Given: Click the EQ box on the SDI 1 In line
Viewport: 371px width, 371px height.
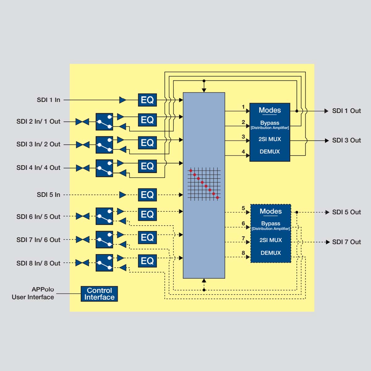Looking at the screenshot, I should pos(147,100).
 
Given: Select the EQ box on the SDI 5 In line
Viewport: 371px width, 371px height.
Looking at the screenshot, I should pos(147,195).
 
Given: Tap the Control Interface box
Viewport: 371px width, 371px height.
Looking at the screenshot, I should pos(99,294).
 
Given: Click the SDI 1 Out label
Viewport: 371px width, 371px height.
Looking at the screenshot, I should pos(346,111).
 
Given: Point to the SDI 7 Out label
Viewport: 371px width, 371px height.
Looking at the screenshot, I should pos(346,242).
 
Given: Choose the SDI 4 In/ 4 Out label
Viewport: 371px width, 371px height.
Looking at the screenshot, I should pos(38,168).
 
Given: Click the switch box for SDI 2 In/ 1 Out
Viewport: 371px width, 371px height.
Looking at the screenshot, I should pos(104,122).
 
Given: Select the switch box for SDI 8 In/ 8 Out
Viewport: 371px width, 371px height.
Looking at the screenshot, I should pos(104,263).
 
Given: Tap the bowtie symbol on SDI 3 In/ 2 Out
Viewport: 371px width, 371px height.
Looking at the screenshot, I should pos(83,145).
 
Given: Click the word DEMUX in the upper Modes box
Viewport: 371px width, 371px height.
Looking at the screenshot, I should pos(270,151).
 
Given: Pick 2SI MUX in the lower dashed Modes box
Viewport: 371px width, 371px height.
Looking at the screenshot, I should pos(271,240).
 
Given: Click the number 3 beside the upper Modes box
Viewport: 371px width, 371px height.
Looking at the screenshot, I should pos(243,137).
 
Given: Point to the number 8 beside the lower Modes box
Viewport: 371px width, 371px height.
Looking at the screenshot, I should pos(243,253).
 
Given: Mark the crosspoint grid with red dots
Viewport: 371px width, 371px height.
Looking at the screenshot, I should pos(204,184).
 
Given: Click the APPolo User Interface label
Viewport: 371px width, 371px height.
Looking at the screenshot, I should pos(33,293).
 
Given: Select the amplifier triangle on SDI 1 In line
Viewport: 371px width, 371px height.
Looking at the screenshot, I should pos(123,100).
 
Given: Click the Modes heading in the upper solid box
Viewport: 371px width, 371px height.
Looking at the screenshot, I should pos(270,110).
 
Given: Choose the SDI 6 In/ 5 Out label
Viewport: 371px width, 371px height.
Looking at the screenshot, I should pos(38,216).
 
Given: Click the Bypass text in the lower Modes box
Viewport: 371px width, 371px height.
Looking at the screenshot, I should pos(271,223).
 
